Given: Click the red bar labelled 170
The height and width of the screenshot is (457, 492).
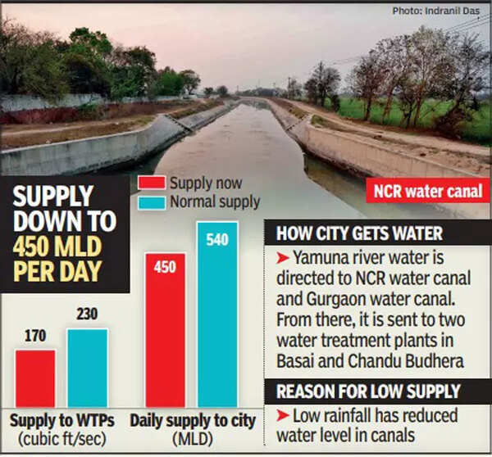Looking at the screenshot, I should [35, 378].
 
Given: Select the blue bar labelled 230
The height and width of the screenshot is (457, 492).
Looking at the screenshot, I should [87, 367].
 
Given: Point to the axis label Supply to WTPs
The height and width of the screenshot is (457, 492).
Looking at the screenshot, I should [61, 422].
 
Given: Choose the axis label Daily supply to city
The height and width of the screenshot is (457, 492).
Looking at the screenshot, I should [192, 422].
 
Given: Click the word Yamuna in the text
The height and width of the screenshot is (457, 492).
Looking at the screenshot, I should [317, 260].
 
